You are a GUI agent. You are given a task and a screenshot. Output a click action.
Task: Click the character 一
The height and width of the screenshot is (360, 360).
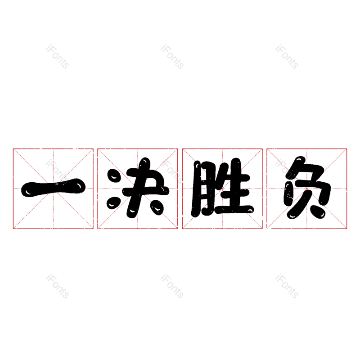(x=53, y=188)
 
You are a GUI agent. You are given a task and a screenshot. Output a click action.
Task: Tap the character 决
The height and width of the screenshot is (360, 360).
(x=138, y=188)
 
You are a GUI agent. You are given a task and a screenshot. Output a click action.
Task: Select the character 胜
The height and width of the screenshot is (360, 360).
(x=222, y=188)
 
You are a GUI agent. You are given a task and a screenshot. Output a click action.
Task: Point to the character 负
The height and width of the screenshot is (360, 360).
(x=307, y=187)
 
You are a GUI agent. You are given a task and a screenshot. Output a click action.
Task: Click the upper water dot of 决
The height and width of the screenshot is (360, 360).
(x=114, y=175)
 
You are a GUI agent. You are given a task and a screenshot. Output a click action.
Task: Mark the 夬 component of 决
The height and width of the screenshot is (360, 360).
(x=146, y=188)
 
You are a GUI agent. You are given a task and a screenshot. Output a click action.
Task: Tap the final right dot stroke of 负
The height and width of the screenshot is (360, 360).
(x=318, y=211)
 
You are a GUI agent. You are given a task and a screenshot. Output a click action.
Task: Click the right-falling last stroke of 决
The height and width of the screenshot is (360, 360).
(x=157, y=207)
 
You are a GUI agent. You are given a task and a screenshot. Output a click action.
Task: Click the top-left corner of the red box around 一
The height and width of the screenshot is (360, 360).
(x=13, y=149)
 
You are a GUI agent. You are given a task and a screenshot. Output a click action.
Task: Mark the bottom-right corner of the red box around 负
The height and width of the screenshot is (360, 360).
(x=346, y=229)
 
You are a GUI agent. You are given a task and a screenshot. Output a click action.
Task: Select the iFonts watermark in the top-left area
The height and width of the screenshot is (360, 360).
(x=57, y=57)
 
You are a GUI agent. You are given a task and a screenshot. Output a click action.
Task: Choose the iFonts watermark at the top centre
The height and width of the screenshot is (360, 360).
(x=172, y=57)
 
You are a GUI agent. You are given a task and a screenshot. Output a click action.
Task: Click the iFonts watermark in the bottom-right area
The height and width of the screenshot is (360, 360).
(x=287, y=286)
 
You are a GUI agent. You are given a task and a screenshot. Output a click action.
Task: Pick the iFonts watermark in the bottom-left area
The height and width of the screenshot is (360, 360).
(x=57, y=286)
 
